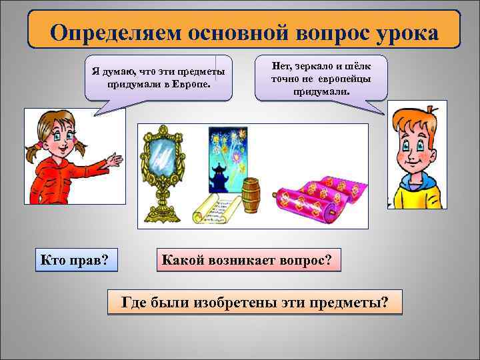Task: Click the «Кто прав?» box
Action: click(75, 258)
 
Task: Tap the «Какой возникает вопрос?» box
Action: click(248, 258)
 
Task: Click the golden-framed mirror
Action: click(160, 160)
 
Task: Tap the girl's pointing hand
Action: click(114, 161)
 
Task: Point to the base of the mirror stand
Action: click(161, 211)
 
